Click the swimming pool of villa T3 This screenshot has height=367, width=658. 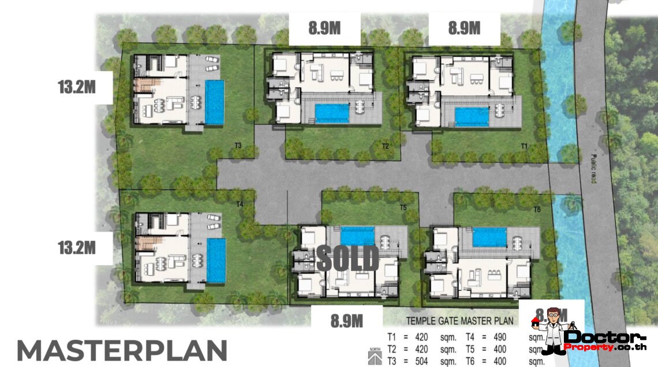(x=214, y=102)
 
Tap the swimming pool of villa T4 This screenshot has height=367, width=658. (x=216, y=260)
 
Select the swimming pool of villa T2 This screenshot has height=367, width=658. (x=332, y=113)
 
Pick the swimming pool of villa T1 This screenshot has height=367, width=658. (x=472, y=116)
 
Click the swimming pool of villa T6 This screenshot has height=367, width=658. (x=489, y=237)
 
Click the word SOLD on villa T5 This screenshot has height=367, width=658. (x=347, y=258)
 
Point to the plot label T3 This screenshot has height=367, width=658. (x=238, y=146)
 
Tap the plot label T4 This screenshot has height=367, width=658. (x=240, y=204)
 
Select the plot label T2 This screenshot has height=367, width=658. (x=384, y=146)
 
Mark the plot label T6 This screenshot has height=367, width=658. (x=537, y=209)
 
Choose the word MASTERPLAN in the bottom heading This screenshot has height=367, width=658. (x=122, y=351)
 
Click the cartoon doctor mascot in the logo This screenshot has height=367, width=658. (x=552, y=330)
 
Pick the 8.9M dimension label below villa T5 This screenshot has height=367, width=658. (x=346, y=320)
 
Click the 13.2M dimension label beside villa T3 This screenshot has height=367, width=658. (x=76, y=88)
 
